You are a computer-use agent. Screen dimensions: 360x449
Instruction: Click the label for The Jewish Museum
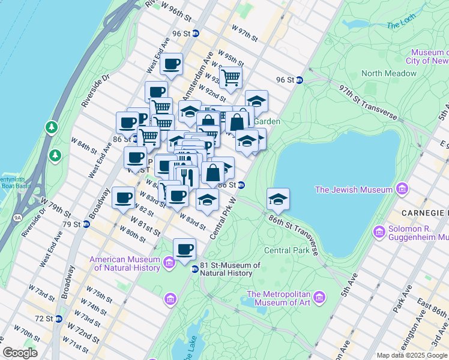(x=354, y=190)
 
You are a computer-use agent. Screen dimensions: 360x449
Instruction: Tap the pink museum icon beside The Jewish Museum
(x=402, y=190)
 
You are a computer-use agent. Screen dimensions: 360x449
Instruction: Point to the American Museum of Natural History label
(x=124, y=263)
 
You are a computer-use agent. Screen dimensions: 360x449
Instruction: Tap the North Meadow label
(x=388, y=73)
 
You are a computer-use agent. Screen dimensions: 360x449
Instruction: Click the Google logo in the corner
(x=20, y=352)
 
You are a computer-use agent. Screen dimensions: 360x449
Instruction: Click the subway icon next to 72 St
(x=58, y=319)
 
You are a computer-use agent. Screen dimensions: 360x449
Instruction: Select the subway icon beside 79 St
(x=86, y=224)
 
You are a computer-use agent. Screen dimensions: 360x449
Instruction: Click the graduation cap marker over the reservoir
(x=278, y=199)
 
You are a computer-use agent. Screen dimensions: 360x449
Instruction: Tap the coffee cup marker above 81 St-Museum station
(x=184, y=249)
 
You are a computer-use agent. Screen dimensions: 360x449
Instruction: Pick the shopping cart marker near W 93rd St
(x=230, y=77)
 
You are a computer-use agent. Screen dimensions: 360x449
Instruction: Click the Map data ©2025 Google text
(x=412, y=355)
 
